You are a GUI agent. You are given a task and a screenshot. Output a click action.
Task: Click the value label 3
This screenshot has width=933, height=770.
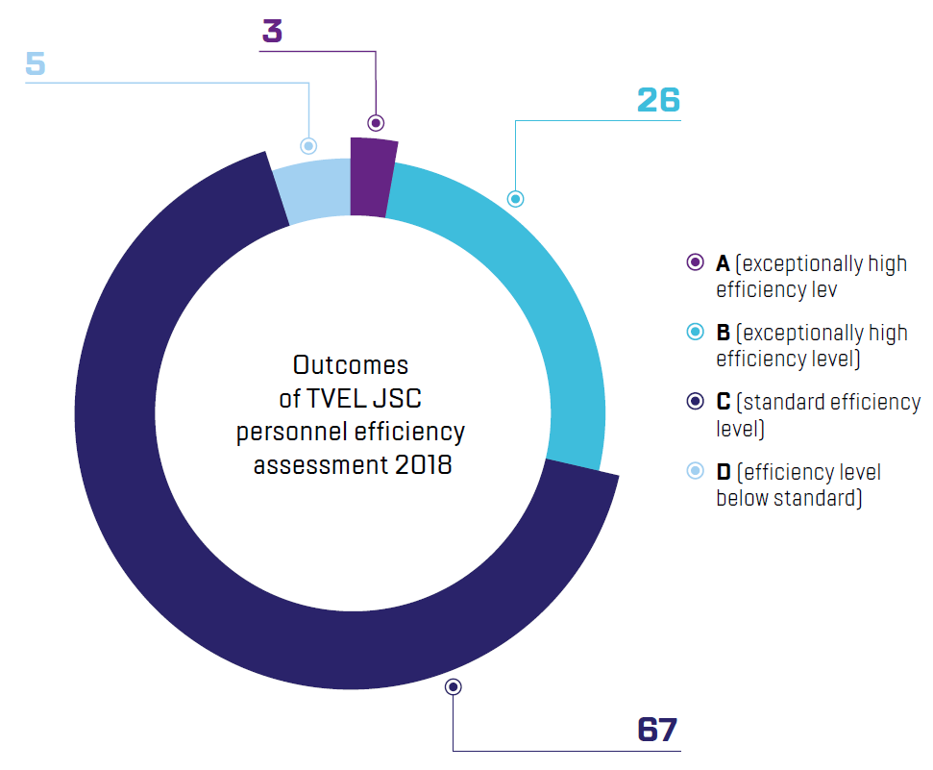(x=273, y=31)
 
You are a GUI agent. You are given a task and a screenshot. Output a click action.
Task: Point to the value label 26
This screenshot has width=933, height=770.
(x=658, y=100)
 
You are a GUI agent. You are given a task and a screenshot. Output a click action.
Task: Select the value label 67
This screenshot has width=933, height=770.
(x=658, y=729)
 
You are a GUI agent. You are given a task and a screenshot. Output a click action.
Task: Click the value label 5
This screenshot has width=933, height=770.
(x=36, y=64)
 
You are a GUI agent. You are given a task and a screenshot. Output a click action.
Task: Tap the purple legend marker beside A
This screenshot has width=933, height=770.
(x=696, y=263)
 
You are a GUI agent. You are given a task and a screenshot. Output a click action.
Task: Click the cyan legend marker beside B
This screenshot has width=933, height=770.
(x=696, y=333)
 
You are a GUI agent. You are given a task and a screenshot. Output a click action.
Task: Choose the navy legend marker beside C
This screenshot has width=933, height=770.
(x=696, y=402)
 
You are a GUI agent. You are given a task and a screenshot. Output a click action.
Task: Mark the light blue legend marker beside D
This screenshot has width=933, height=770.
(x=696, y=472)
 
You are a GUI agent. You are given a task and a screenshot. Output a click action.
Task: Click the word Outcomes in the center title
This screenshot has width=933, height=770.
(x=351, y=365)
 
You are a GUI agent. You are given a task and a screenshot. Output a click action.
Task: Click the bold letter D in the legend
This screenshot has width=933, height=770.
(x=724, y=472)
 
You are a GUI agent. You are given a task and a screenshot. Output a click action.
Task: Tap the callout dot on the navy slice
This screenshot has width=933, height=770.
(x=454, y=686)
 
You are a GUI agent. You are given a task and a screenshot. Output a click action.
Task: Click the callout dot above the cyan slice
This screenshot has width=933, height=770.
(x=515, y=199)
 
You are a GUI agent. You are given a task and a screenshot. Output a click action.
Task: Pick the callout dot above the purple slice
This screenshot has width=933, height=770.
(x=376, y=122)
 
